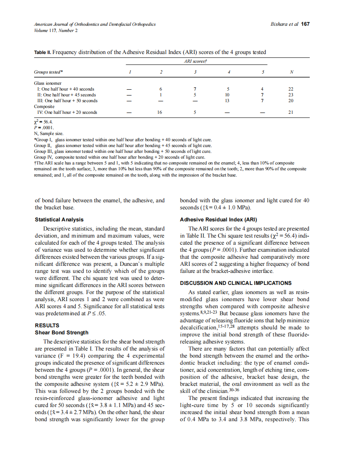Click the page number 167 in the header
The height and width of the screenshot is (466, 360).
pyautogui.click(x=306, y=25)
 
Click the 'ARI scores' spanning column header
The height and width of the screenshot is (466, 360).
pyautogui.click(x=196, y=61)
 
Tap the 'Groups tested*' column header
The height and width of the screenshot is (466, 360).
pyautogui.click(x=49, y=72)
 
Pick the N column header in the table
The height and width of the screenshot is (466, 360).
pyautogui.click(x=291, y=72)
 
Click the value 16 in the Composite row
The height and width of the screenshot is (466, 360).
pyautogui.click(x=160, y=113)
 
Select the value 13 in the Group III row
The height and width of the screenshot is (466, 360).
pyautogui.click(x=227, y=101)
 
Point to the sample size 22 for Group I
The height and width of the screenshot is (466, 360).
pyautogui.click(x=291, y=89)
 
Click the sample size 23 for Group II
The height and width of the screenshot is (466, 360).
pyautogui.click(x=291, y=95)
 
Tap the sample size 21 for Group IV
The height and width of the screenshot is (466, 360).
pyautogui.click(x=291, y=113)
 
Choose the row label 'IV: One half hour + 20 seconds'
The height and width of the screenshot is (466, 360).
pyautogui.click(x=67, y=113)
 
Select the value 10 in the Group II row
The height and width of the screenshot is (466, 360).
pyautogui.click(x=227, y=95)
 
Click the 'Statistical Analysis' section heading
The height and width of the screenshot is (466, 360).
pyautogui.click(x=59, y=220)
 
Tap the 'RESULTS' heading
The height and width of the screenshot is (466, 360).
pyautogui.click(x=47, y=326)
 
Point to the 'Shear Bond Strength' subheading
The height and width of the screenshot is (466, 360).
pyautogui.click(x=62, y=333)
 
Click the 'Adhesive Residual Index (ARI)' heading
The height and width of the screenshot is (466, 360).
pyautogui.click(x=218, y=220)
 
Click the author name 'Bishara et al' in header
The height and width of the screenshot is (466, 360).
pyautogui.click(x=284, y=25)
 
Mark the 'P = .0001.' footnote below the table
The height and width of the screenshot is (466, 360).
pyautogui.click(x=43, y=128)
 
